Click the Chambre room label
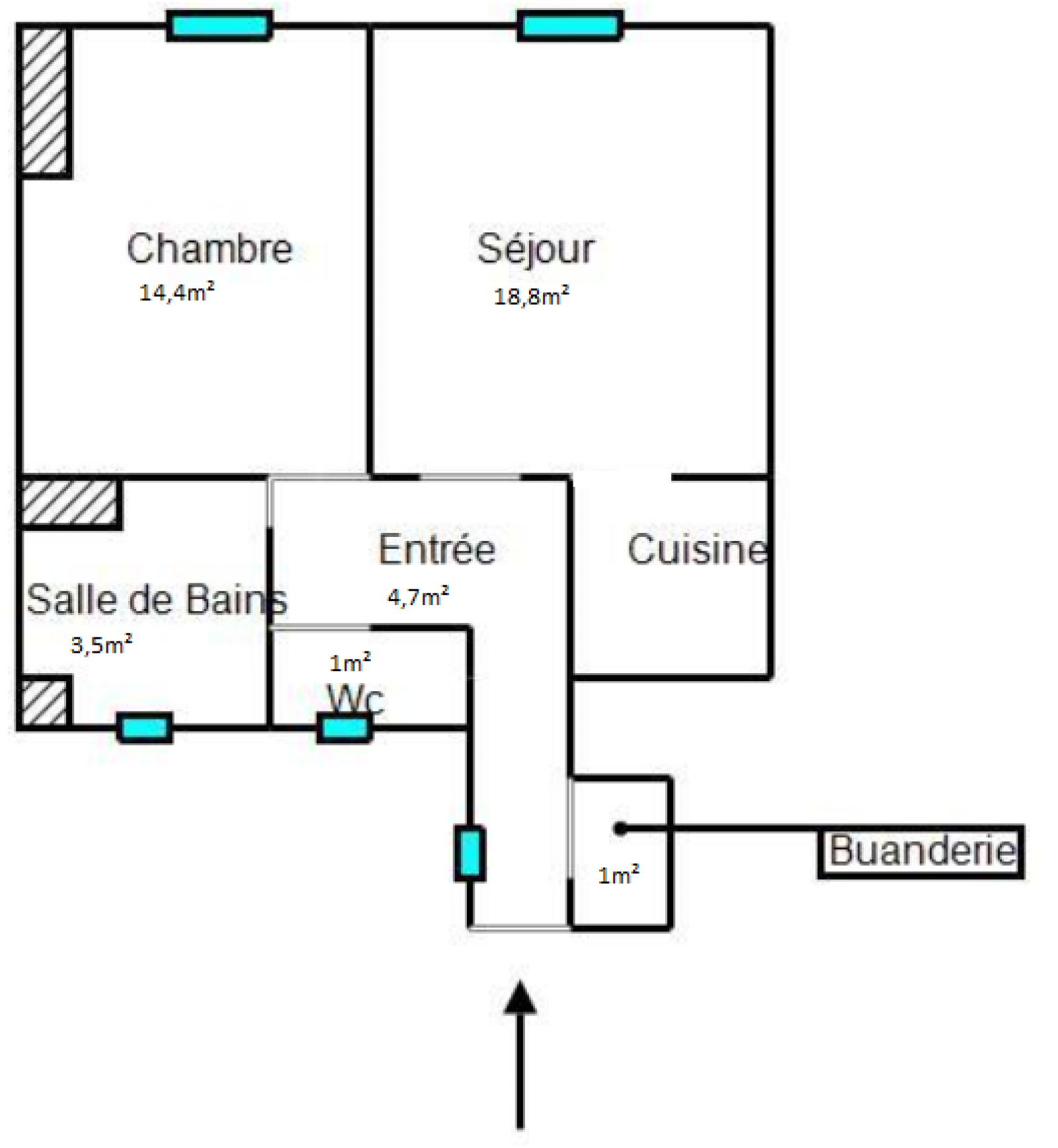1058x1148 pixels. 210,249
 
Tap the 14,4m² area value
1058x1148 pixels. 177,292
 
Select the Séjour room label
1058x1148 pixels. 536,249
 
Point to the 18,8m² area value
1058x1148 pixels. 532,296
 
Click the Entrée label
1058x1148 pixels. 437,549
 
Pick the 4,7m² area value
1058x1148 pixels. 419,596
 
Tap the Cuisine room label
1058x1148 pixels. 698,549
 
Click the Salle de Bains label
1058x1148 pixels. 157,599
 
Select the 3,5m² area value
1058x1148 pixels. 102,644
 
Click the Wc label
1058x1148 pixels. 355,698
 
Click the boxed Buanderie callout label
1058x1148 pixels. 921,851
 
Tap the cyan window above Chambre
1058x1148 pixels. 220,26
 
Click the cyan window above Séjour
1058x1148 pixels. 570,26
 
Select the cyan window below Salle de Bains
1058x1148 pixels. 145,727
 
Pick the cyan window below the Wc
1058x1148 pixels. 344,728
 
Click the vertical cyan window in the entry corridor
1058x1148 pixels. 470,854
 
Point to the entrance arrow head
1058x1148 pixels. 520,997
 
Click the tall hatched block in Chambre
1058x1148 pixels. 44,101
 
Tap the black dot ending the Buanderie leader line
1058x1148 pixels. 620,828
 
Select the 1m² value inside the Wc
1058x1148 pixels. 350,662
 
